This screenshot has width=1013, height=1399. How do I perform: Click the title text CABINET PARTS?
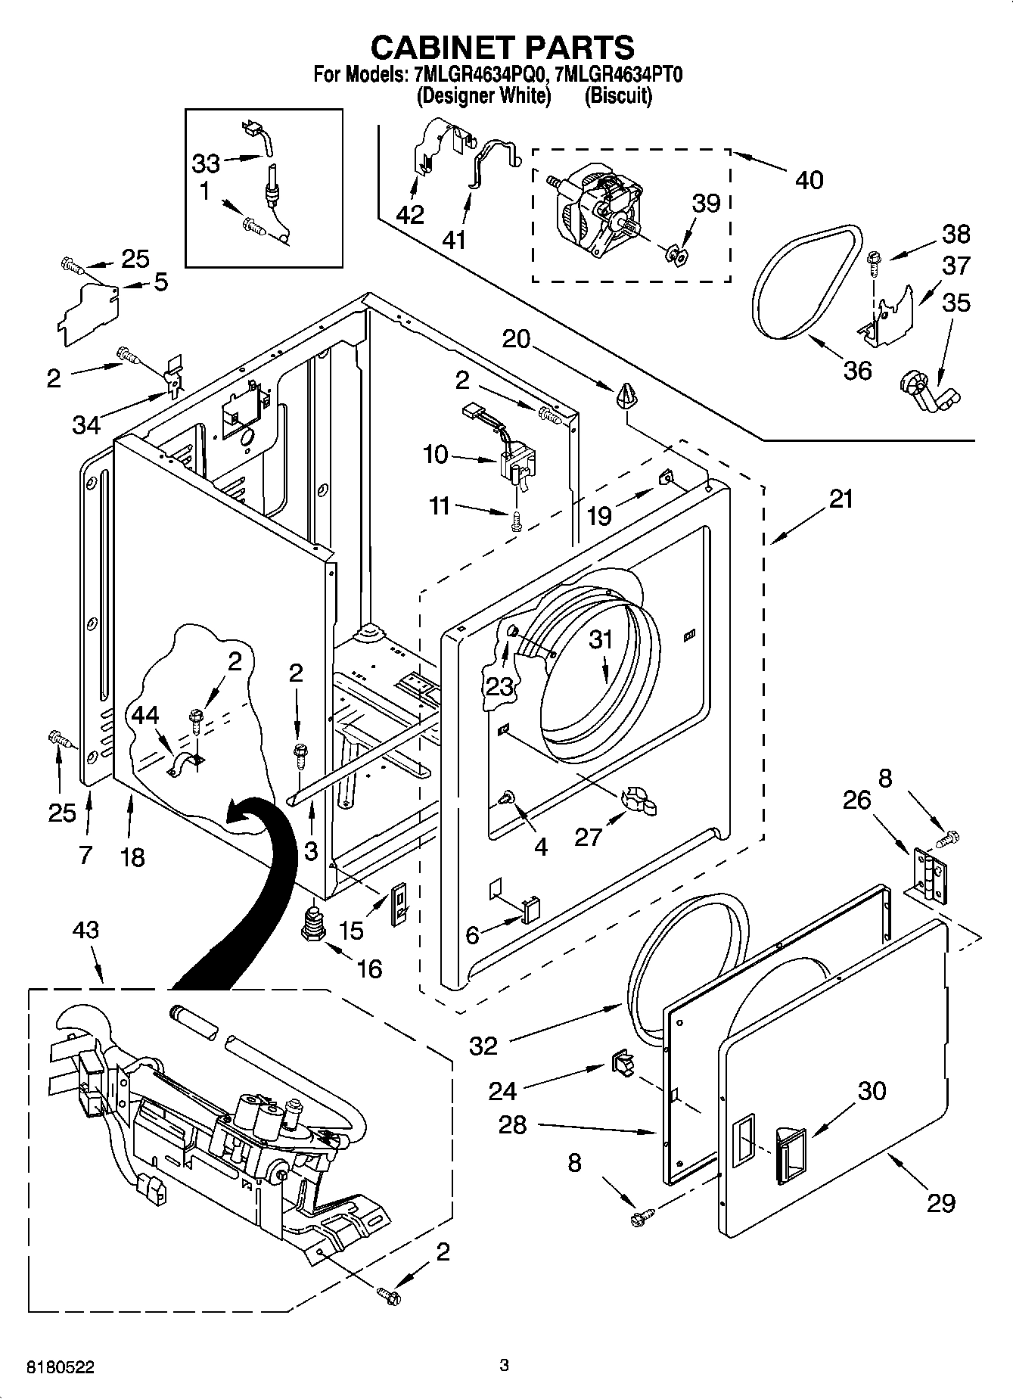pyautogui.click(x=502, y=48)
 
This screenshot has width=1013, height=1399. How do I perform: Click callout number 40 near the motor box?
pyautogui.click(x=809, y=179)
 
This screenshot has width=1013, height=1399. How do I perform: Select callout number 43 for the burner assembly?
pyautogui.click(x=85, y=930)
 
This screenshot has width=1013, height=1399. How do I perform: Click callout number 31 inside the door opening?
pyautogui.click(x=601, y=639)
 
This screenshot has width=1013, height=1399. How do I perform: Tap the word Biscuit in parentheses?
pyautogui.click(x=618, y=96)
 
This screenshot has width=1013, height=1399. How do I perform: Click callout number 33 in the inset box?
pyautogui.click(x=205, y=163)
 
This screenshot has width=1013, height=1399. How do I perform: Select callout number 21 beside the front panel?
pyautogui.click(x=841, y=499)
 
